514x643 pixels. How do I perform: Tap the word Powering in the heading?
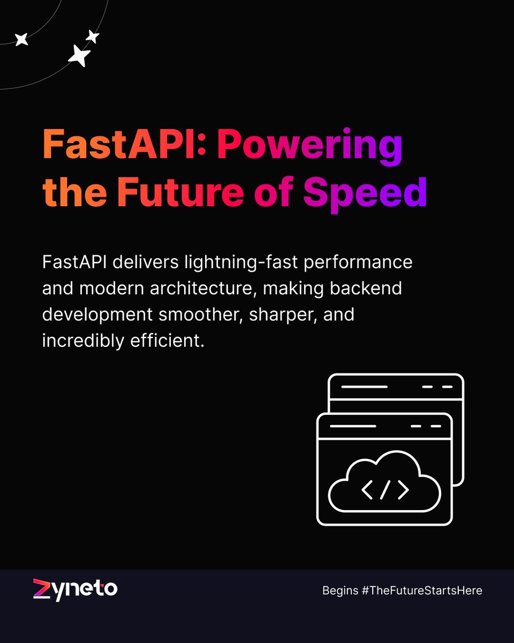click(x=309, y=145)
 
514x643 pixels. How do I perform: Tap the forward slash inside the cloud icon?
click(x=385, y=490)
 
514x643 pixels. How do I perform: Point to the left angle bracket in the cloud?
click(x=368, y=490)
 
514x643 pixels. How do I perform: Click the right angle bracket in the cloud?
click(x=403, y=490)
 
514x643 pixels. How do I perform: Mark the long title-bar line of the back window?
click(x=364, y=386)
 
